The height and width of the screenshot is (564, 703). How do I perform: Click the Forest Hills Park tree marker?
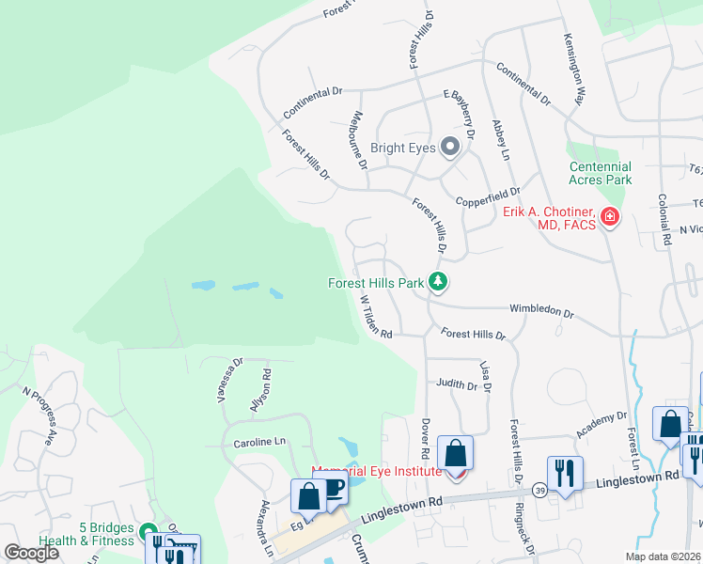pyautogui.click(x=437, y=281)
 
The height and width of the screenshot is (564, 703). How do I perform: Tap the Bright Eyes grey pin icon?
pyautogui.click(x=449, y=146)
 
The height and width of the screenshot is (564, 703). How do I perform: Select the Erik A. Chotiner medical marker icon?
pyautogui.click(x=610, y=218)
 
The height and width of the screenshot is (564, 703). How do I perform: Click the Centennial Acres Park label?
pyautogui.click(x=601, y=172)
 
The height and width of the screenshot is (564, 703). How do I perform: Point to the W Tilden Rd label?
pyautogui.click(x=377, y=315)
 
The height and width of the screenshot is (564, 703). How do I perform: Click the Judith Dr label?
pyautogui.click(x=457, y=383)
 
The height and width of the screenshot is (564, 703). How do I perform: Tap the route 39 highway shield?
pyautogui.click(x=539, y=490)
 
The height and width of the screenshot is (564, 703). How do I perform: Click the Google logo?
pyautogui.click(x=31, y=553)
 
